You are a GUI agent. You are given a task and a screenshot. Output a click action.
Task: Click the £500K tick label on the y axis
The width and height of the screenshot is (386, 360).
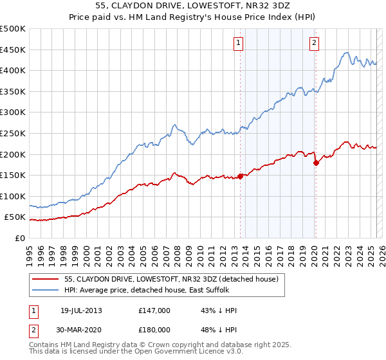(13, 29)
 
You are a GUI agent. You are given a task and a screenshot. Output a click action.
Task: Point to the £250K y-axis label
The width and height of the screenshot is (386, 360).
(13, 133)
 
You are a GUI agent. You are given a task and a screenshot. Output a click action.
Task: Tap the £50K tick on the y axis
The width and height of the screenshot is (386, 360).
(15, 217)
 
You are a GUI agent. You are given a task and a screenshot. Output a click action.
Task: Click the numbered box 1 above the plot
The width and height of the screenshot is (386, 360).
(238, 43)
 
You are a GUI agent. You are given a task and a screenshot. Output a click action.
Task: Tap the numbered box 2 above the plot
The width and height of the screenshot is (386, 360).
(314, 43)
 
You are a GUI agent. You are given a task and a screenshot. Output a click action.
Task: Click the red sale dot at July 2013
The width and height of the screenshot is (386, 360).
(240, 175)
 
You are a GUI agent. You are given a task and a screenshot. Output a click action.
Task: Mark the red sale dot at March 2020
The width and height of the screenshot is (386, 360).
(316, 163)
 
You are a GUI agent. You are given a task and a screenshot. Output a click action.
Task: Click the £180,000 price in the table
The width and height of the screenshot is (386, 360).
(154, 330)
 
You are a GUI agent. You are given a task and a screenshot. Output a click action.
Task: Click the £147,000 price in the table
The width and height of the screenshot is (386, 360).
(154, 310)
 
